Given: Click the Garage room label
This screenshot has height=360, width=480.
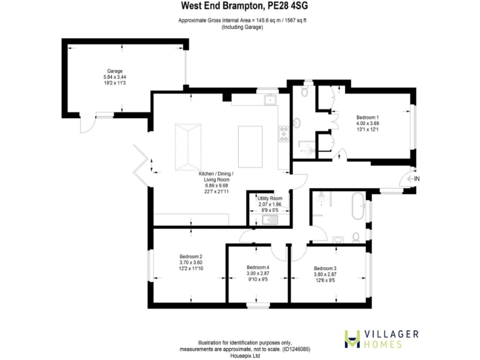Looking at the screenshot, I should [114, 71].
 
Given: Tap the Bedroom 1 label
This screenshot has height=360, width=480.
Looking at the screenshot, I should [367, 117].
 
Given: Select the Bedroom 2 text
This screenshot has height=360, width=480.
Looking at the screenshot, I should [191, 256].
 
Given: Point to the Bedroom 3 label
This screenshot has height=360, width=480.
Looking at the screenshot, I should [325, 268].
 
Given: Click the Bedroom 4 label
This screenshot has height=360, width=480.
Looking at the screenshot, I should [257, 268].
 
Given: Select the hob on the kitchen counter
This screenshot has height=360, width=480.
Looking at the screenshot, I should [283, 132].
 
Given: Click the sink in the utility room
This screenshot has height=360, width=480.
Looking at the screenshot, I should [271, 219].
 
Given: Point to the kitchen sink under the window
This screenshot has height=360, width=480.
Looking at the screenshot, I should [271, 99].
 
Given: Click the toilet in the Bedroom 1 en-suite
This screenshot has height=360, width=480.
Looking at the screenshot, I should [304, 92].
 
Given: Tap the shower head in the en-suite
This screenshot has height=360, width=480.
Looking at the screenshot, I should [304, 149].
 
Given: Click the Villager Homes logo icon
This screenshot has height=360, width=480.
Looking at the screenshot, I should [353, 338].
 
